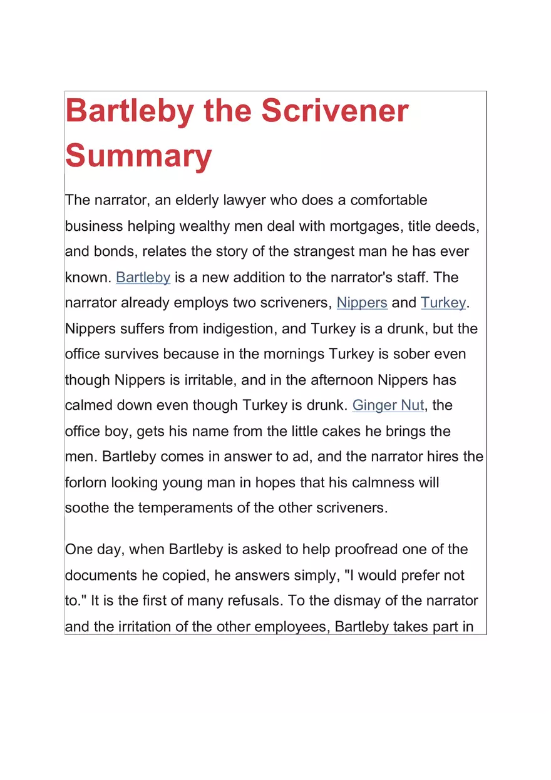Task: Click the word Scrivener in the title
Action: tap(334, 111)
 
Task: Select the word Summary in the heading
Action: tap(138, 155)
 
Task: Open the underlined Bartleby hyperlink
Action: tap(143, 277)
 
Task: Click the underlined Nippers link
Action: tap(362, 303)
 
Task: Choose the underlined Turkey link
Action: tap(443, 303)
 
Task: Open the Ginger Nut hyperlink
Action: tap(388, 405)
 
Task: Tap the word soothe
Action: tap(87, 507)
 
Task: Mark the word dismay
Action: tap(372, 600)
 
